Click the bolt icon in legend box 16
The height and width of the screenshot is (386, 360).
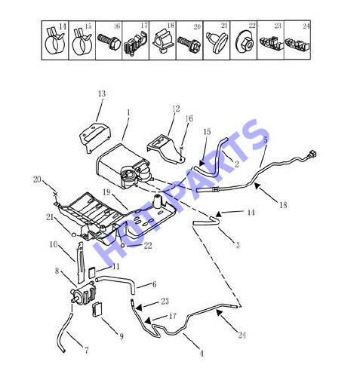point(107,41)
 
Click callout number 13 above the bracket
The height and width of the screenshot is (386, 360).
point(102,93)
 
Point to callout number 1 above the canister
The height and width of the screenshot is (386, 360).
point(129,113)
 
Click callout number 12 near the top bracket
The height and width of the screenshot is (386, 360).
point(176,109)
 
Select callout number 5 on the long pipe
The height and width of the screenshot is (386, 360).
point(266,140)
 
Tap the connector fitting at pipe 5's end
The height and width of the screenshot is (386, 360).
point(311,154)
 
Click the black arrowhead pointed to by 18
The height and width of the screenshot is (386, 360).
point(257,186)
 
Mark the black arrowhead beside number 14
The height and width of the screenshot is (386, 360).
point(218,214)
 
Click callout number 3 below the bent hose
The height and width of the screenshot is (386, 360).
point(238,245)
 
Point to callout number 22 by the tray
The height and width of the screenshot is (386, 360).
point(148,246)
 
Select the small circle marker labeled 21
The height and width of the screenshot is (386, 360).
point(74,234)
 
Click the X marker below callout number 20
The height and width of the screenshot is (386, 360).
point(56,194)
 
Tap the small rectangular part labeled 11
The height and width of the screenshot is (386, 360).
point(92,272)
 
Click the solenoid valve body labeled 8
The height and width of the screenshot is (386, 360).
point(84,293)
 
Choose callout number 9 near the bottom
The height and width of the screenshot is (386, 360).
point(122,336)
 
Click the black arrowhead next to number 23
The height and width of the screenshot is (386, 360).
point(139,307)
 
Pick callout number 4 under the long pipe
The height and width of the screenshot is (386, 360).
point(202,354)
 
